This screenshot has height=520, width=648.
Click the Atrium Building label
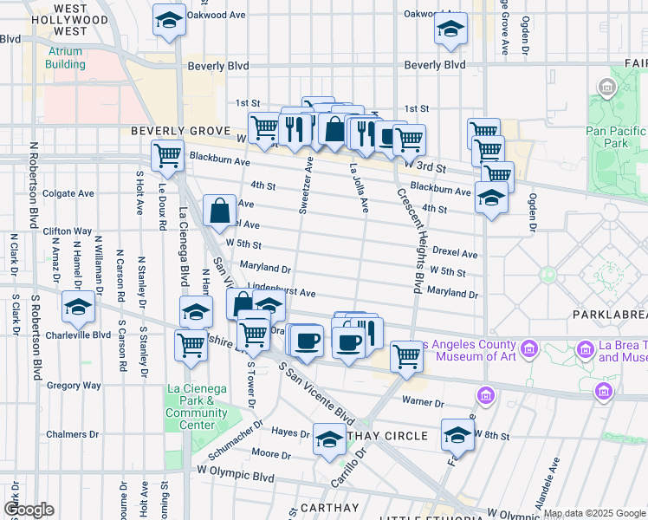pyautogui.click(x=67, y=57)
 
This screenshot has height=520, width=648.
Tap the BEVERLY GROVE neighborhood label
pyautogui.click(x=180, y=131)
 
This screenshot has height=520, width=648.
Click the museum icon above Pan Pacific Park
pyautogui.click(x=606, y=87)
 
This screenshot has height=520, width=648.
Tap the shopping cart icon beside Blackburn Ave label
pyautogui.click(x=166, y=156)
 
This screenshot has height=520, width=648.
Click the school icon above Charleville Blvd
pyautogui.click(x=78, y=307)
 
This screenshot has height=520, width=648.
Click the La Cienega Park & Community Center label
pyautogui.click(x=197, y=413)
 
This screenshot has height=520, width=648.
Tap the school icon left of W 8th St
pyautogui.click(x=457, y=434)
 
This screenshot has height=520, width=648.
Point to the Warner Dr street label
pyautogui.click(x=424, y=402)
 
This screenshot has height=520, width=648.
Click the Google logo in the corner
pyautogui.click(x=29, y=510)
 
